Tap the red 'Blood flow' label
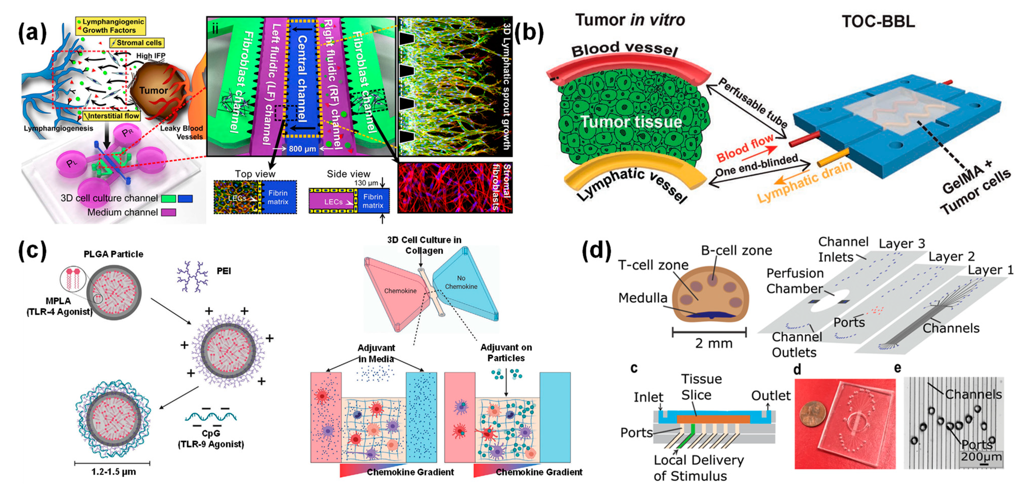pos(745,148)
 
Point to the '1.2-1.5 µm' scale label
pos(113,472)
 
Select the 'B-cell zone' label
pos(736,251)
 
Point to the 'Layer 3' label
pos(901,243)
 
